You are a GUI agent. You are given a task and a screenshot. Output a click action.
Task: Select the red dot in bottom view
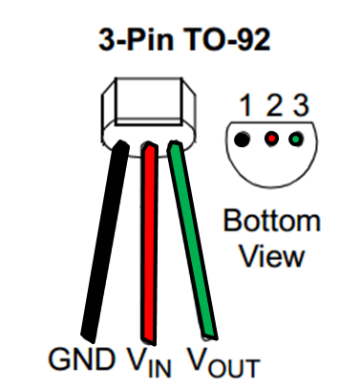[271, 140]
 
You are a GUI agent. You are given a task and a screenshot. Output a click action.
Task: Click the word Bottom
[271, 223]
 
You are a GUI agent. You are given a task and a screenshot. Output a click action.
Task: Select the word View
[271, 256]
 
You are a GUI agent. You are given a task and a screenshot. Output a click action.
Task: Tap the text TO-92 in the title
[222, 41]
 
